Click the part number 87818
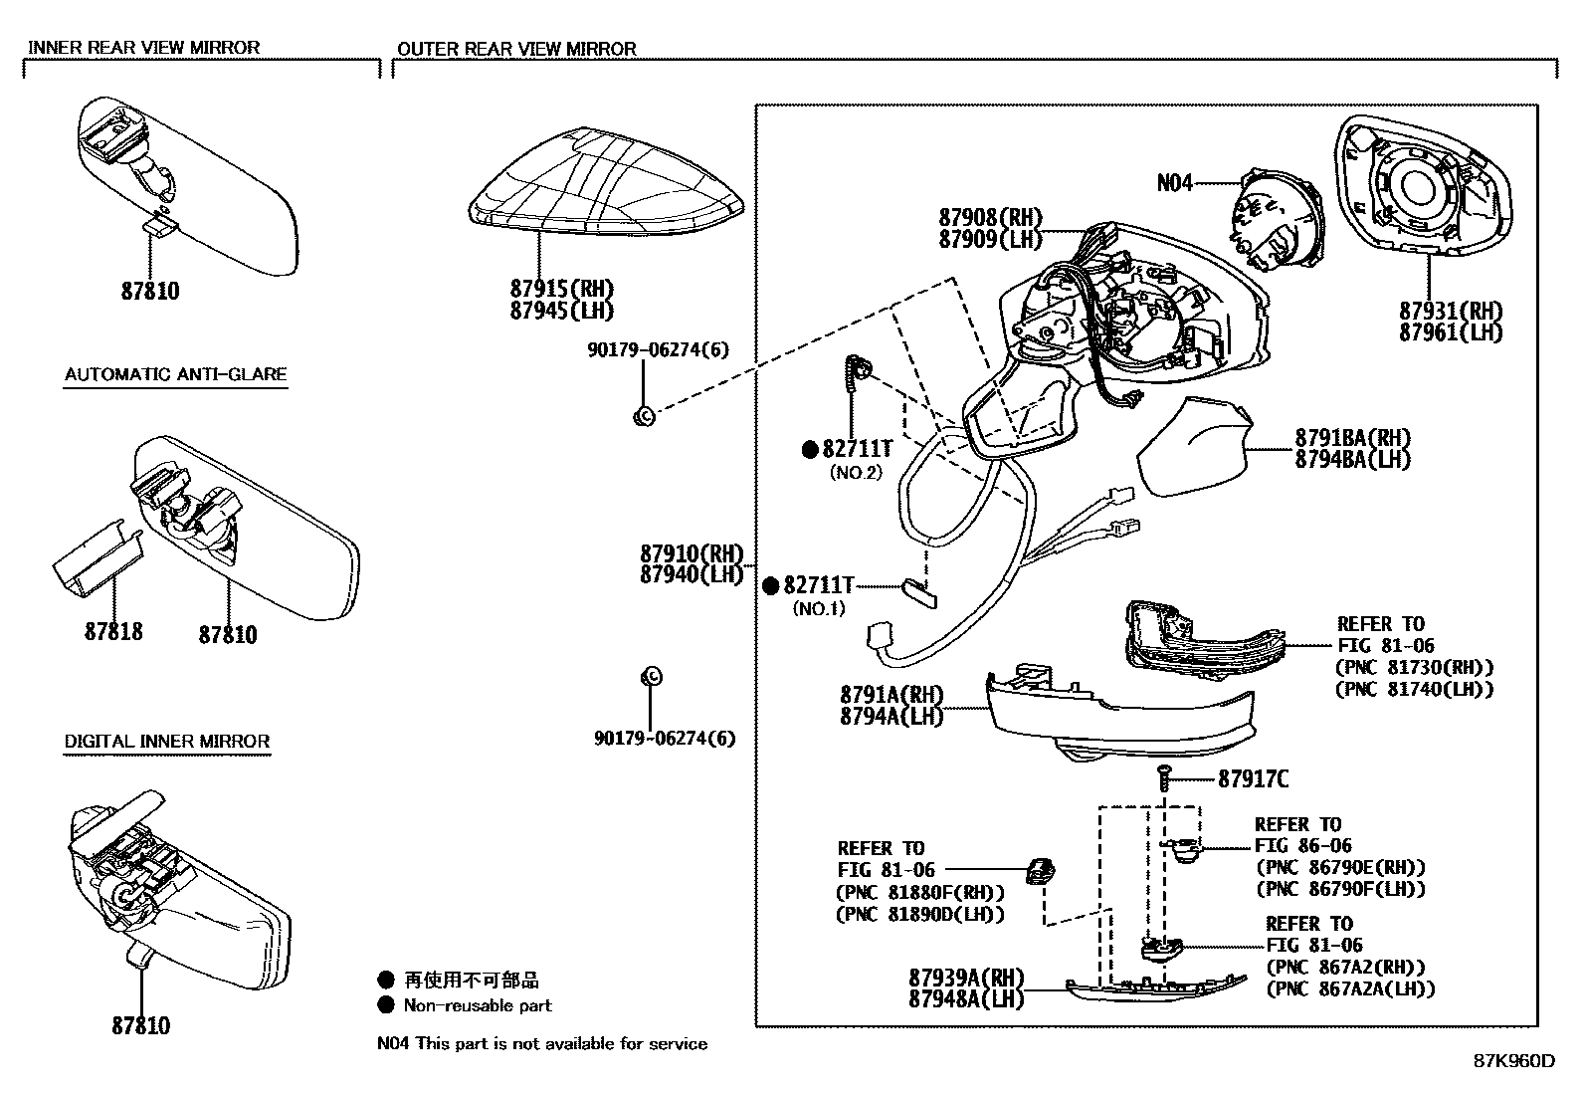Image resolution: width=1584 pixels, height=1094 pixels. (x=112, y=632)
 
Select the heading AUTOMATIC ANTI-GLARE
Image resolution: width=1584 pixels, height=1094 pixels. (x=175, y=375)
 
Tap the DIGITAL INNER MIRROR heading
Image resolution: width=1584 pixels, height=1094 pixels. (x=166, y=742)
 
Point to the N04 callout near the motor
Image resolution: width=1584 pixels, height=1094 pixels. (x=1174, y=183)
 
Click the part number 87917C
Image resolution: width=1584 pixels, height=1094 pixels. (x=1253, y=779)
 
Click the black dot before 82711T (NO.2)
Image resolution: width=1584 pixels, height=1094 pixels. (x=810, y=450)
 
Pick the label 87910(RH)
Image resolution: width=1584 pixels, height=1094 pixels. (x=692, y=553)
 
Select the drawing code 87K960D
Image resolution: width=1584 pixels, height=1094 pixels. (x=1514, y=1061)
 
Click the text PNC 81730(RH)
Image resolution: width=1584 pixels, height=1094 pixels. (x=1414, y=668)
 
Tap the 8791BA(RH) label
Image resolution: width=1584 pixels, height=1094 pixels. (x=1352, y=438)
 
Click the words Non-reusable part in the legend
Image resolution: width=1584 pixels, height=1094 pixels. (x=478, y=1005)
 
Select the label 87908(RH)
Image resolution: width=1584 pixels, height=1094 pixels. (x=989, y=217)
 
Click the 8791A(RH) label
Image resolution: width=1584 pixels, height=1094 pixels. (x=891, y=694)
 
